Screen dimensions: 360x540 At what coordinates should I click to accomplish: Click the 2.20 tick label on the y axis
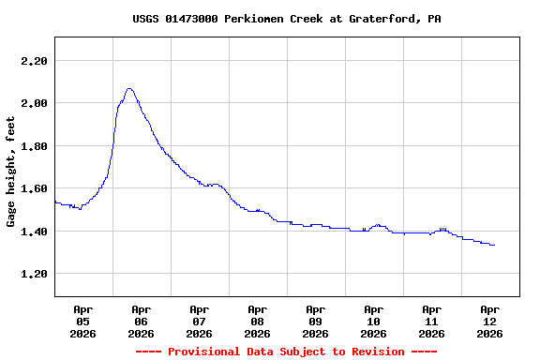point(33,61)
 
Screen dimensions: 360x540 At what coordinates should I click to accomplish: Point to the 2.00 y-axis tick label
point(33,103)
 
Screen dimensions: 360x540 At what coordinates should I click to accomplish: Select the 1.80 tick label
point(33,146)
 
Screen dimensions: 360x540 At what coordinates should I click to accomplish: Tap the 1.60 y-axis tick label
point(33,188)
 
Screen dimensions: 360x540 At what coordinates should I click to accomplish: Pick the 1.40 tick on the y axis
point(33,232)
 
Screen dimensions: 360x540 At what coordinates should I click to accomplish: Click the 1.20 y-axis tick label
point(33,274)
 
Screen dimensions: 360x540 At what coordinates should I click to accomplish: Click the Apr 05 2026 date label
point(82,321)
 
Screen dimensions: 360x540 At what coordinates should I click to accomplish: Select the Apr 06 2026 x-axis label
point(141,321)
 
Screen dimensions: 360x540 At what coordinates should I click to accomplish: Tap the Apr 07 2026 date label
point(199,321)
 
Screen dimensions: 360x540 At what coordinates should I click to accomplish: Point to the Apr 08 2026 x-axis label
point(257,321)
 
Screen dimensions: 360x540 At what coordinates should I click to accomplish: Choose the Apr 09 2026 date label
point(315,321)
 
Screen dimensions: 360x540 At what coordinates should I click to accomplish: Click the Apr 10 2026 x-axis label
point(373,321)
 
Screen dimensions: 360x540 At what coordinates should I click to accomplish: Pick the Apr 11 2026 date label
point(431,321)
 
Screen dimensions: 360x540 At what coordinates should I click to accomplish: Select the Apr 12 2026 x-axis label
point(489,321)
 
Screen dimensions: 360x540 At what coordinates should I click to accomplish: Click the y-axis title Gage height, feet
point(11,172)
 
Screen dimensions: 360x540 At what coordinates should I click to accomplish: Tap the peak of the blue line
point(129,88)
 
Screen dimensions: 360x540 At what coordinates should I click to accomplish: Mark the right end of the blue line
point(494,245)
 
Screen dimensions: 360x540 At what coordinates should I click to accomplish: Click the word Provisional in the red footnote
point(207,352)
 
